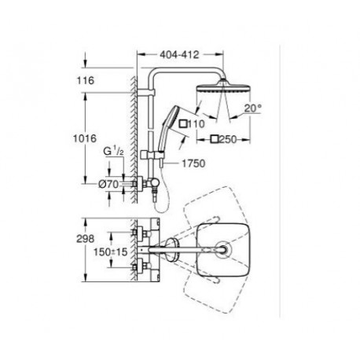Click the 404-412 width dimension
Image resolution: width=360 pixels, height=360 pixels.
tap(180, 54)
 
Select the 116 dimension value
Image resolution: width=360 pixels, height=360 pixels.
tap(86, 80)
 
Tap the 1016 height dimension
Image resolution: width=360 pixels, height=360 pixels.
tap(85, 138)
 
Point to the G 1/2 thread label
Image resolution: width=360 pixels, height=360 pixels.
tap(113, 152)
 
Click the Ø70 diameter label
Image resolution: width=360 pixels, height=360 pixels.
tap(108, 184)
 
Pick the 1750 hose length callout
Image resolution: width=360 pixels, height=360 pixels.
tap(193, 163)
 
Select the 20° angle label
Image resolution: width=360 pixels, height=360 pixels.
tap(252, 108)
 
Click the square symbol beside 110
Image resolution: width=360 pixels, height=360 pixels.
tap(183, 123)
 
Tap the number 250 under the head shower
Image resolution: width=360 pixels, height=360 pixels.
tap(228, 139)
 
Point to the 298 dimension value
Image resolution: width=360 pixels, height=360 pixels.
tap(86, 239)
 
